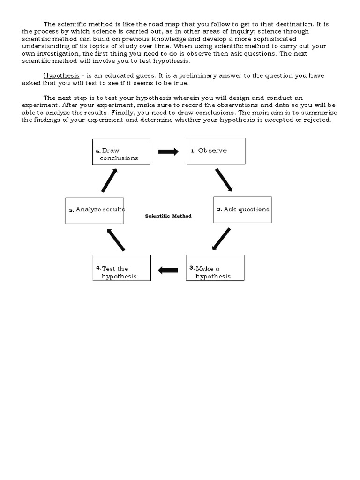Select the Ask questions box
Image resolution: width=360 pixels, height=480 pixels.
coord(242,210)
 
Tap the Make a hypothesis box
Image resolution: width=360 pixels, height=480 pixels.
coord(215,268)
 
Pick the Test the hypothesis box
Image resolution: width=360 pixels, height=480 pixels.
coord(121,268)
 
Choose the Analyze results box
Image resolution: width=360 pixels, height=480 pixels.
coord(95,210)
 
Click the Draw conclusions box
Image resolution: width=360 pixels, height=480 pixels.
coord(121,151)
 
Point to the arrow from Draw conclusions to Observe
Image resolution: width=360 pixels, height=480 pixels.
coord(168,151)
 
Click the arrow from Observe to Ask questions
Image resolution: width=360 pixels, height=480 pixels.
coord(224,180)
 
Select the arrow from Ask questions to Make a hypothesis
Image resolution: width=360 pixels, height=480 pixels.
coord(221,239)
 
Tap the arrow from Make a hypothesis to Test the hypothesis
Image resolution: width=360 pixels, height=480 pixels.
coord(168,270)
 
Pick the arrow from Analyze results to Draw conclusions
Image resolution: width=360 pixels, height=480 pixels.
coord(109,180)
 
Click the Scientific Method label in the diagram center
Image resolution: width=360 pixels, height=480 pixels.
coord(168,216)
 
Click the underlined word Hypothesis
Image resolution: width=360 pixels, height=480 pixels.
coord(61,76)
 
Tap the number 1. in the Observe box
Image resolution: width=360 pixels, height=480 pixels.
coord(193,151)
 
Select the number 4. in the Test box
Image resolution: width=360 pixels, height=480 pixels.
coord(98,267)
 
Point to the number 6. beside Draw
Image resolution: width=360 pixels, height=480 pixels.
coord(98,151)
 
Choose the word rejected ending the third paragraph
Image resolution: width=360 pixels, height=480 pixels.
coord(316,120)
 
